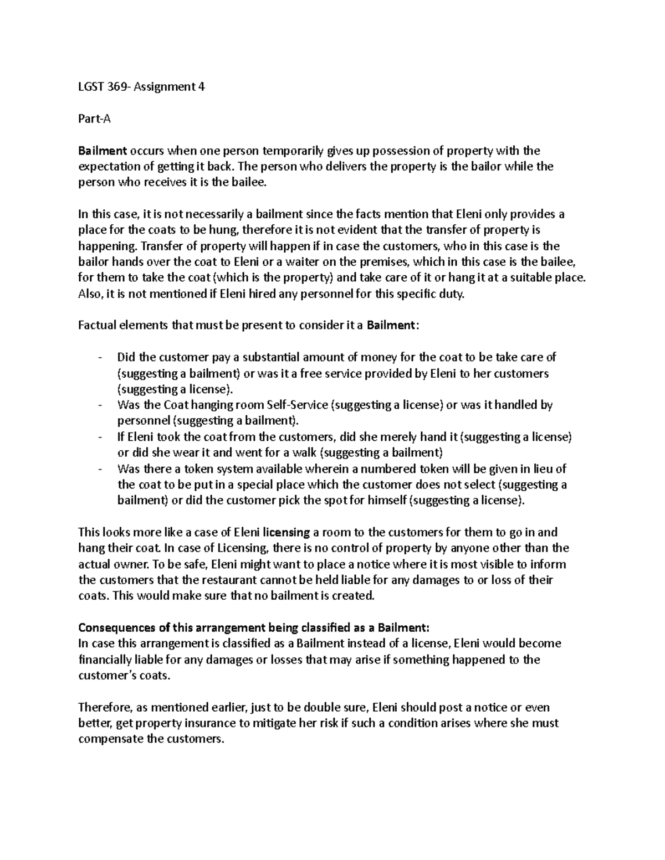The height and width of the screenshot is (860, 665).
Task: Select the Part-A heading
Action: click(x=94, y=119)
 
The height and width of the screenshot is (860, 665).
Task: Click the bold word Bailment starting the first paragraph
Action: click(x=103, y=151)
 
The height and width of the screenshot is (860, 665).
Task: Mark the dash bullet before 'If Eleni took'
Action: click(x=100, y=437)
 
